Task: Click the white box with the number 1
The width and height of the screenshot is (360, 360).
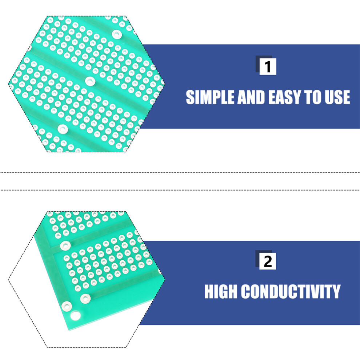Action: (268, 67)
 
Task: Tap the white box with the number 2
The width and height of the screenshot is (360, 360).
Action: (268, 261)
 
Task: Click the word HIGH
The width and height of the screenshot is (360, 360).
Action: (221, 291)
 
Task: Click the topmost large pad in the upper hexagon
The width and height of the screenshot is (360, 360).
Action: (117, 35)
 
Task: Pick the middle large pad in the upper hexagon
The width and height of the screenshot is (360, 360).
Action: (90, 81)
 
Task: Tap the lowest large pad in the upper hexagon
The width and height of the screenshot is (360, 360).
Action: (63, 129)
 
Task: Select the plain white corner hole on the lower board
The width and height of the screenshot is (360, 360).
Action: (75, 316)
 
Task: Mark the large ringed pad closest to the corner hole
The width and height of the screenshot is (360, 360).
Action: (67, 306)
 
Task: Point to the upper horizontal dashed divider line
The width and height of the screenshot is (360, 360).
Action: (180, 172)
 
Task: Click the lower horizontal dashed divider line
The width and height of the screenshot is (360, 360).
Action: (180, 190)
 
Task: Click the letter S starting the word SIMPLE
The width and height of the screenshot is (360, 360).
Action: (190, 97)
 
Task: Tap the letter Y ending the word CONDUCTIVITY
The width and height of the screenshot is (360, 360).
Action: (336, 291)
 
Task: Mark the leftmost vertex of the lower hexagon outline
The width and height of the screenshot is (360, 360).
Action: (8, 279)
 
